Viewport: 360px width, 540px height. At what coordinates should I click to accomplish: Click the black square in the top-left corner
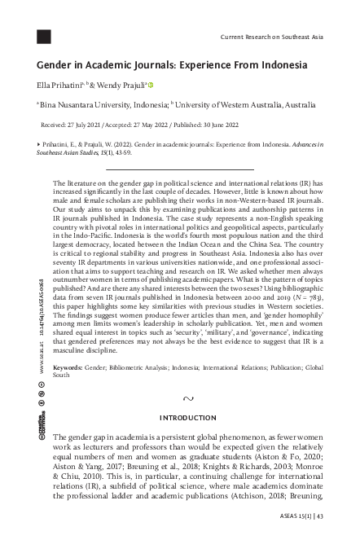(x=44, y=36)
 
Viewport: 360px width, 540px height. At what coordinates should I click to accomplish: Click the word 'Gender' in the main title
(x=59, y=64)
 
